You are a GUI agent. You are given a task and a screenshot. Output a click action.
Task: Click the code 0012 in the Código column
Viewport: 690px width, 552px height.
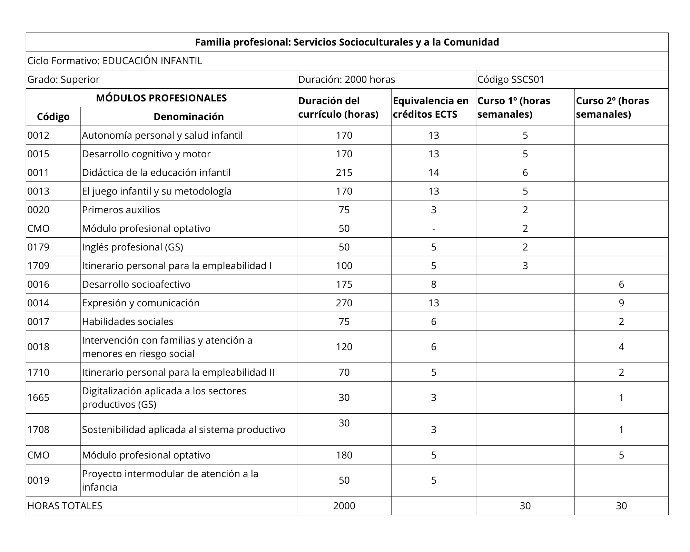tap(39, 135)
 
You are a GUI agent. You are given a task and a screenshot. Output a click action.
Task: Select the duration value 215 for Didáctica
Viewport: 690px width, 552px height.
tap(344, 172)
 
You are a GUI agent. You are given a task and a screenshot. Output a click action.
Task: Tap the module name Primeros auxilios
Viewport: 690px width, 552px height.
tap(121, 210)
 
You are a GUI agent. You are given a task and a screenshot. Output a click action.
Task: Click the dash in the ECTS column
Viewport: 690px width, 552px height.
tap(433, 228)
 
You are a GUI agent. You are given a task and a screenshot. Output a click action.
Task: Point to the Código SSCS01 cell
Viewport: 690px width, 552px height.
tap(511, 79)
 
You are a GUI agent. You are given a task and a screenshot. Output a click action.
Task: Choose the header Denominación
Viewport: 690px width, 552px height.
tap(188, 117)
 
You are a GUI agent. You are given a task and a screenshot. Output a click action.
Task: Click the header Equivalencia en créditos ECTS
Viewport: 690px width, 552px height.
tap(431, 107)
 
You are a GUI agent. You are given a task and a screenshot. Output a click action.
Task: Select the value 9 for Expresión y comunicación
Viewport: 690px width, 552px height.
tap(621, 303)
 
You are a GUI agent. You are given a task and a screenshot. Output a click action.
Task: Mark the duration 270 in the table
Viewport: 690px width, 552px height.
tap(344, 303)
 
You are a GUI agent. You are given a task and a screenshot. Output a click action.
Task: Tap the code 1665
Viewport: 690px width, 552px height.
tap(39, 397)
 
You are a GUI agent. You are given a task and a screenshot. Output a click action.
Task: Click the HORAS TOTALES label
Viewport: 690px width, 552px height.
tap(65, 506)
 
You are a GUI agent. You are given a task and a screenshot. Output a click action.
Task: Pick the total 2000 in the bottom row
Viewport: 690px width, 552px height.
tap(344, 506)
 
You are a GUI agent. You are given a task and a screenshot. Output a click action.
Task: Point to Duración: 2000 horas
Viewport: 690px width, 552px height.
tap(347, 79)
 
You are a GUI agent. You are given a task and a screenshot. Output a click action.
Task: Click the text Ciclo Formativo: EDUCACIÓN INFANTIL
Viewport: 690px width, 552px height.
tap(115, 61)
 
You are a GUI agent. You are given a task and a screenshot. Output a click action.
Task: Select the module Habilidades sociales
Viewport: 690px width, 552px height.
tap(128, 322)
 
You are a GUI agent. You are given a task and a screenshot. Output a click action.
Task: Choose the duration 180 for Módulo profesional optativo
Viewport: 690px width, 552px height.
tap(344, 455)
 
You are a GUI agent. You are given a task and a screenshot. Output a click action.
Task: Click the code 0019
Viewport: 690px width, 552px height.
tap(39, 480)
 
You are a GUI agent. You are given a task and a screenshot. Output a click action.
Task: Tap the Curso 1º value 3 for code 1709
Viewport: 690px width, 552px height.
tap(525, 266)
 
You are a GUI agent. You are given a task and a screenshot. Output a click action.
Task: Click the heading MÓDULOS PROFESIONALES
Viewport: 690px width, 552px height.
tap(161, 98)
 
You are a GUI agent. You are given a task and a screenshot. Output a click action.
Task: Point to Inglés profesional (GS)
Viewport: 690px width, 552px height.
tap(132, 247)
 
